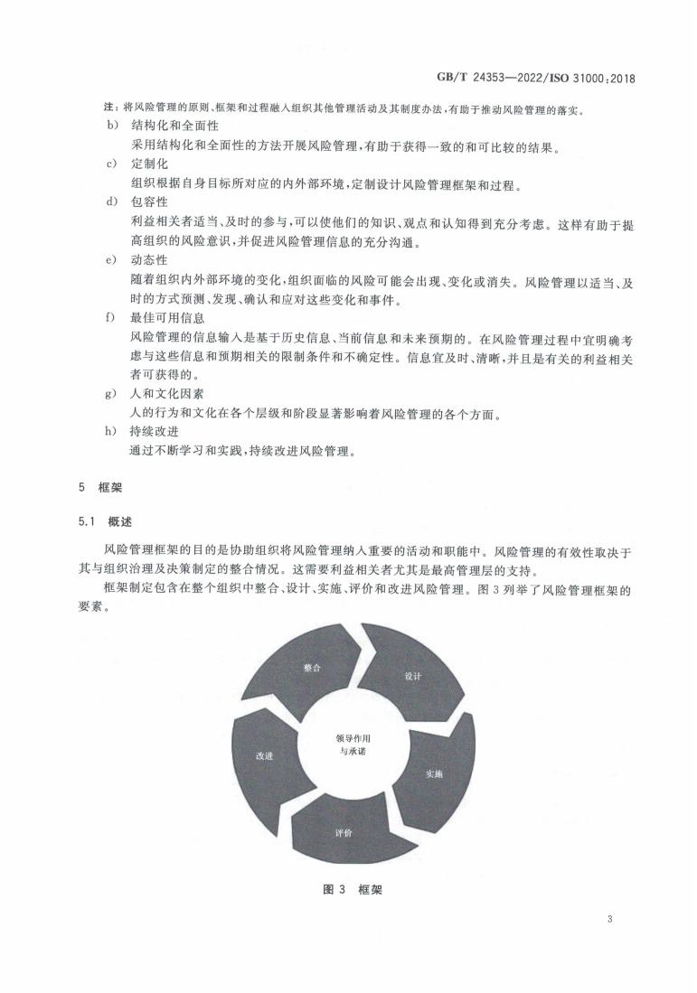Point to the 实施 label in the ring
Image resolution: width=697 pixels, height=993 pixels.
click(435, 773)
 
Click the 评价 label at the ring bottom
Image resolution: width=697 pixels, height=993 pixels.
click(344, 830)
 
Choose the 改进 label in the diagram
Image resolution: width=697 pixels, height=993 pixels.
click(264, 755)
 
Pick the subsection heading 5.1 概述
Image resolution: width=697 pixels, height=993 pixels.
click(107, 521)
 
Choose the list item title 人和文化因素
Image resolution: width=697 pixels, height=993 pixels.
click(168, 394)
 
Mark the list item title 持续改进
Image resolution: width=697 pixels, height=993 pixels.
click(156, 430)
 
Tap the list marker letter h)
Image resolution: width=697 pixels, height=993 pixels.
click(110, 430)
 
